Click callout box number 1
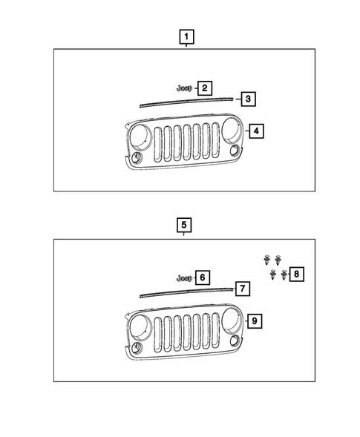(x=186, y=36)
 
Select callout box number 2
(x=205, y=88)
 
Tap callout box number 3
(x=248, y=99)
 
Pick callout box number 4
(x=256, y=131)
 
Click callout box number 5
(x=184, y=225)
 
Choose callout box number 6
(x=203, y=277)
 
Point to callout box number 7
(x=243, y=289)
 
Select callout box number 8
(x=296, y=274)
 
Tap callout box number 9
(x=255, y=321)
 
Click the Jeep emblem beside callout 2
(x=184, y=88)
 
